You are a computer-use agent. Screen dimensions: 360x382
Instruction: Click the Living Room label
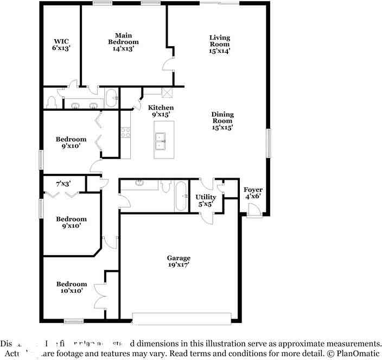[x=220, y=44]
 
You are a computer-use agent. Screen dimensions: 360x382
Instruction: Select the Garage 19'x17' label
[x=179, y=262]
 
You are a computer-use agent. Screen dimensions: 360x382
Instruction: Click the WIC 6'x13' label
[x=61, y=45]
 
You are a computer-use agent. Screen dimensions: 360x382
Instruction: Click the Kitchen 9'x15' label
[x=161, y=111]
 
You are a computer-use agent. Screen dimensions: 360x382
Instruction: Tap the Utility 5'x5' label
[x=206, y=200]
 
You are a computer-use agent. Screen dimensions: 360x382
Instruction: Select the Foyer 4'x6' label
[x=253, y=193]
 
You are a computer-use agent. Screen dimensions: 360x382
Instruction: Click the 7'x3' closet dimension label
[x=63, y=184]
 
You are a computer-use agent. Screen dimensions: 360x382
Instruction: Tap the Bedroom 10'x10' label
[x=72, y=287]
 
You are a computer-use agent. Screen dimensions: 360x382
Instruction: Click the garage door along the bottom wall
[x=182, y=318]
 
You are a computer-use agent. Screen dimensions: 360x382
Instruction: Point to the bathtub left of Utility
[x=181, y=197]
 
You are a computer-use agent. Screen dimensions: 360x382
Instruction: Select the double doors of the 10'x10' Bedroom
[x=100, y=296]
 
